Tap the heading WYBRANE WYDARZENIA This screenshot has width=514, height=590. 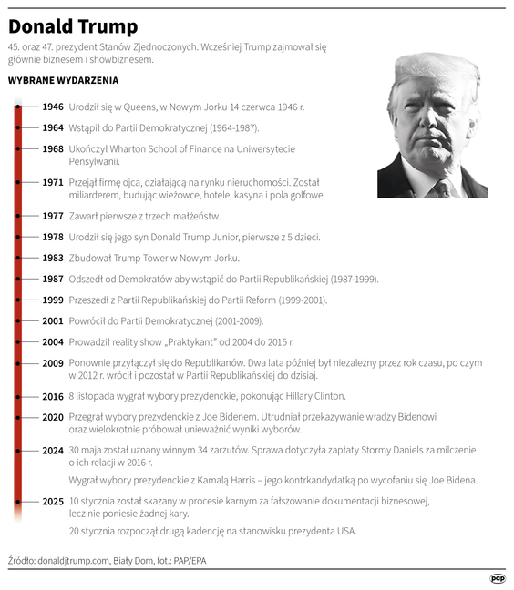pos(63,80)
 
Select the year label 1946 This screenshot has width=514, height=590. pos(53,107)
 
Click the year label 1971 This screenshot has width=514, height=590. pos(53,182)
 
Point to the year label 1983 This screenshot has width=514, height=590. pos(53,258)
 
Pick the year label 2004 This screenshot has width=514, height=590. pos(53,341)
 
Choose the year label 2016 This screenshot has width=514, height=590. pos(53,396)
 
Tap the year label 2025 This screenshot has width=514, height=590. pos(53,502)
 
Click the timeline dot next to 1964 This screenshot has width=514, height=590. pos(18,127)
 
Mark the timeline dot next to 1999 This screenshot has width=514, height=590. pos(18,300)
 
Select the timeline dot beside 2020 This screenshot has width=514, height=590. pos(18,417)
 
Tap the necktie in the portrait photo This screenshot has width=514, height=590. pos(441,188)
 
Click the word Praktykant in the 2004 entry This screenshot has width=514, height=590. pos(200,341)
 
